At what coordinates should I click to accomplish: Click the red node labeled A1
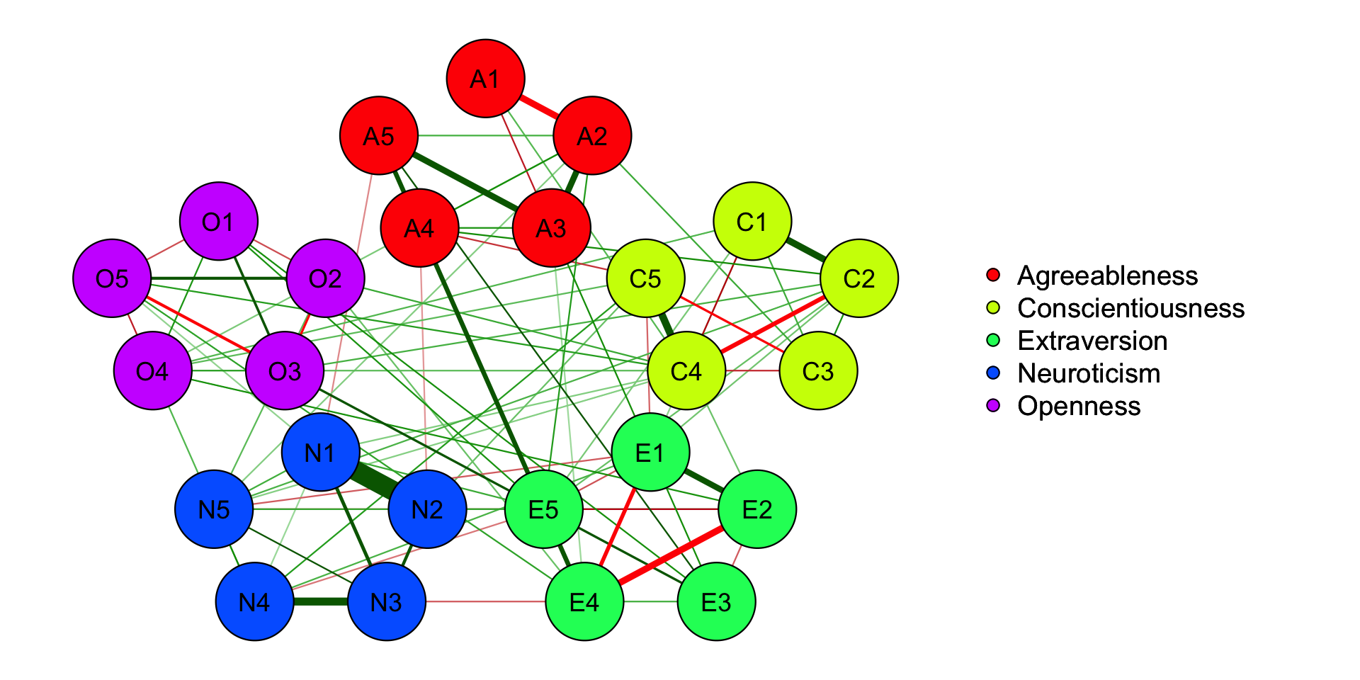[485, 78]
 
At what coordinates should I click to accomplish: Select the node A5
[379, 135]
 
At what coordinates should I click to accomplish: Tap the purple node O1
[218, 222]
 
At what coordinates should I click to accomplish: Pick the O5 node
[112, 278]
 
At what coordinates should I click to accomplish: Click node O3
[285, 370]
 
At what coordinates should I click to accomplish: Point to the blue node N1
[320, 453]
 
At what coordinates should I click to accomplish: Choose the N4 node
[254, 601]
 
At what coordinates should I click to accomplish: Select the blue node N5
[214, 509]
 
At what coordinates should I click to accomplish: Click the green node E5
[543, 509]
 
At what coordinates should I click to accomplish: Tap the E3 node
[716, 601]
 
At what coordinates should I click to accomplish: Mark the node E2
[756, 509]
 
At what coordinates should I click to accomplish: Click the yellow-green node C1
[752, 222]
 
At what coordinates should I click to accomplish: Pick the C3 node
[818, 370]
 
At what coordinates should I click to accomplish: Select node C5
[645, 278]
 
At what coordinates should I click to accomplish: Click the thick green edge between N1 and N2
[373, 480]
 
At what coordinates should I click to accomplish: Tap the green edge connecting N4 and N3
[320, 601]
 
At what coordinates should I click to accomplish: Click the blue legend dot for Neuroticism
[993, 373]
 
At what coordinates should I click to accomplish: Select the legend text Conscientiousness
[1130, 308]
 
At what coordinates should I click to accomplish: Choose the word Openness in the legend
[1079, 406]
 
